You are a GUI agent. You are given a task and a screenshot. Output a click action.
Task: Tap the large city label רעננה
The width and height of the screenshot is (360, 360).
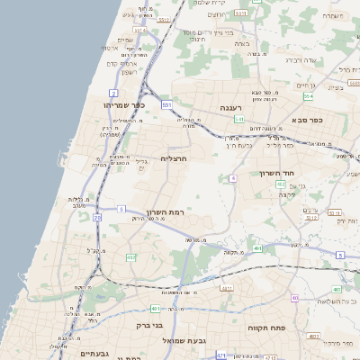coord(231,107)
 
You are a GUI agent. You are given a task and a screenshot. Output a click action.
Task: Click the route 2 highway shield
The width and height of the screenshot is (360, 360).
coord(113,94)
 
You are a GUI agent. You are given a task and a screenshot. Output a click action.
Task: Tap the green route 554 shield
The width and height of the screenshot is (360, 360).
coord(310,95)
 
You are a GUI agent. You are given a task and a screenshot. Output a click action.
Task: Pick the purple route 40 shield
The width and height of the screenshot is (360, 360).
coord(232,179)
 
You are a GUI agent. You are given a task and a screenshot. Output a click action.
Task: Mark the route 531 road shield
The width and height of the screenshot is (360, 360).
coord(167,105)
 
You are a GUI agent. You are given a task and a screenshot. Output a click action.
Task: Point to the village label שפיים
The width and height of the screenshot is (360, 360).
coord(125,40)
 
